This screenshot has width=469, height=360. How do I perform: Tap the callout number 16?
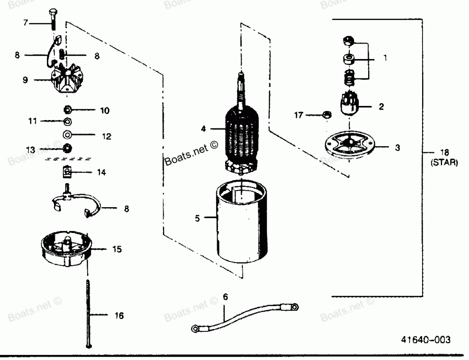click(x=120, y=316)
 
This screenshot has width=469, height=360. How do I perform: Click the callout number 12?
click(x=107, y=136)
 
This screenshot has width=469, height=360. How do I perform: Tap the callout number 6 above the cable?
click(x=226, y=297)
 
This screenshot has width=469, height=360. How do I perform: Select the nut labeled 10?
click(x=67, y=111)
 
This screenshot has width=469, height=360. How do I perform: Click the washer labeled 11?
click(x=67, y=122)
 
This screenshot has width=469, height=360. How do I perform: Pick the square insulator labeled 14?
click(x=67, y=173)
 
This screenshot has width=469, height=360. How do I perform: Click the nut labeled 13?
click(x=67, y=149)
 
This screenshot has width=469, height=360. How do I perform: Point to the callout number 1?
click(x=386, y=59)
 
